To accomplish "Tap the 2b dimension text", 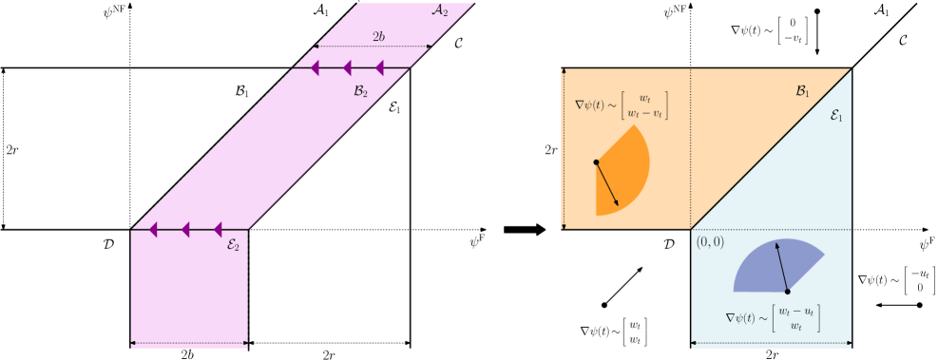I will coord(378,36).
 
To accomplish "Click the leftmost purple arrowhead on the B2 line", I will coord(316,67).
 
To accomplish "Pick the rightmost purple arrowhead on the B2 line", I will coord(379,67).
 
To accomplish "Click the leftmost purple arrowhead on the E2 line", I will coord(153,229).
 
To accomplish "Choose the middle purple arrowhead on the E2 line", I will coord(185,229).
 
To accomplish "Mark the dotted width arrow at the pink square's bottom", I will coord(189,343).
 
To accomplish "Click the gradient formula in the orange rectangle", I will coord(622,105).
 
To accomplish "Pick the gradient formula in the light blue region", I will coord(773,318).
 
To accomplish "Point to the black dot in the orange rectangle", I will coord(596,161).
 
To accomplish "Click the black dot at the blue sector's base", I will coord(787,291).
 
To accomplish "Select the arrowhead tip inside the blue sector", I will coord(777,243).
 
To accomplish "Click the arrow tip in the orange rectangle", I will coord(619,205).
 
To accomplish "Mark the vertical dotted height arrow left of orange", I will coord(565,148).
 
